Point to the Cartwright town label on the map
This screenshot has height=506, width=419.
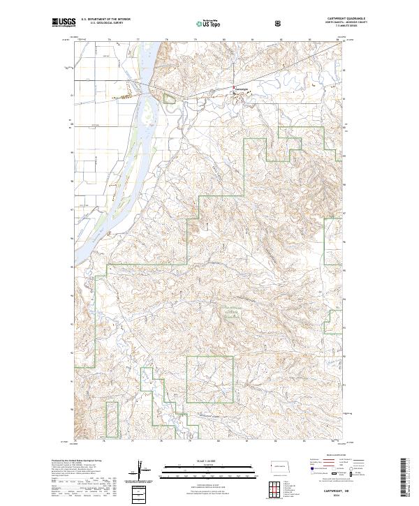241,89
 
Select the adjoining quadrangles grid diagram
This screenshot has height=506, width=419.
279,488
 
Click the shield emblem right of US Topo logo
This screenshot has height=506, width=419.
279,22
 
